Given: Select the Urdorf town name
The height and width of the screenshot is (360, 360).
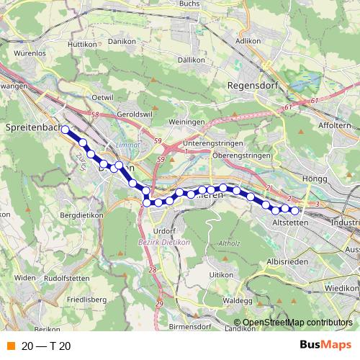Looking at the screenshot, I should pyautogui.click(x=164, y=230).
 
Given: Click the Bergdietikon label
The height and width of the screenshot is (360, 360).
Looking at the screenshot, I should pyautogui.click(x=82, y=215).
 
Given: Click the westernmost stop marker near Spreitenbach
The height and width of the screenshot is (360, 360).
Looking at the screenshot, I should pyautogui.click(x=65, y=130).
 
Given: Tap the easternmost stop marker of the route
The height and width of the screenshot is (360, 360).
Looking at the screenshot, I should pyautogui.click(x=294, y=210).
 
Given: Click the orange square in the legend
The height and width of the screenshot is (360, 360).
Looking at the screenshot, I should pyautogui.click(x=10, y=346).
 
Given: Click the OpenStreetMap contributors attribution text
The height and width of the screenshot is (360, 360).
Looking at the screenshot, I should pyautogui.click(x=297, y=323).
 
